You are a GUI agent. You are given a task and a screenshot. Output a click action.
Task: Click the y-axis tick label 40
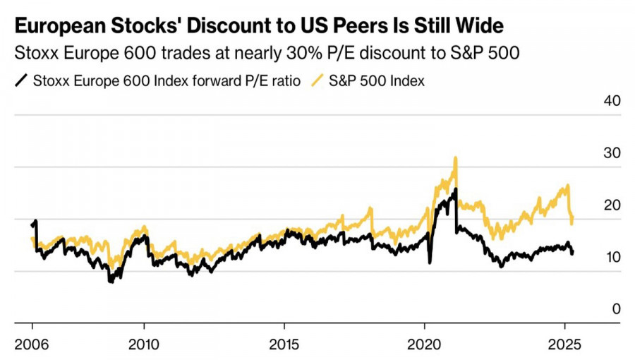pos(611,101)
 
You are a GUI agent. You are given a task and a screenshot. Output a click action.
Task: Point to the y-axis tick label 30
pos(611,153)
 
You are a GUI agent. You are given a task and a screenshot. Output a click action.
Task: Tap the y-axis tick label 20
pos(611,205)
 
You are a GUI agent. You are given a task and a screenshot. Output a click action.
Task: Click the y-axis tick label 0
pos(615,309)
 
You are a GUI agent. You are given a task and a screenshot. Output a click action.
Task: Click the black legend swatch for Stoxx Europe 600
pos(21,80)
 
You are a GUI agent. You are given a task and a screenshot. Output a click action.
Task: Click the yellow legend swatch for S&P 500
pos(319,80)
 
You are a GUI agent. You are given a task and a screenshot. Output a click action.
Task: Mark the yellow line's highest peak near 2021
pos(456,157)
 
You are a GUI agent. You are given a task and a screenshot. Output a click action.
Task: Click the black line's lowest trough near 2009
pos(110,282)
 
